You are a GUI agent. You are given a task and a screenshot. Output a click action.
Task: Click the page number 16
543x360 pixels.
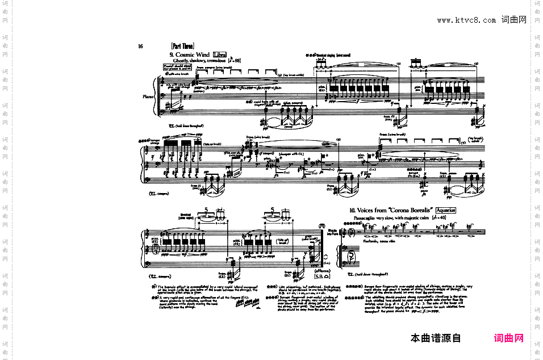point(140,47)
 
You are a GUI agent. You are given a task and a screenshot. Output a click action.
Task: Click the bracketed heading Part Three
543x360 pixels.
point(182,46)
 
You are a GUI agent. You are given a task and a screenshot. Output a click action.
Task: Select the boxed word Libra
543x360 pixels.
point(219,55)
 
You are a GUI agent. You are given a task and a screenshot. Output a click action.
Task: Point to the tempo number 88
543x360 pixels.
point(236,60)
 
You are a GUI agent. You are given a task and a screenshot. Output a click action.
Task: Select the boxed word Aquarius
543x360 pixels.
point(443,210)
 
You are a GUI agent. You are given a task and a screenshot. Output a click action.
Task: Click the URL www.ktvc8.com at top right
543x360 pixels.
point(466,20)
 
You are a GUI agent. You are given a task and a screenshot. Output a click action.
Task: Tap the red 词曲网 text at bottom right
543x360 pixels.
point(509,338)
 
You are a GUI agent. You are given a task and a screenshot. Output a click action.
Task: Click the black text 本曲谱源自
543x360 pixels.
point(436,338)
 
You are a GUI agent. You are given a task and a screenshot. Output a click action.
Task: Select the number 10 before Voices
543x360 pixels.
point(353,210)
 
